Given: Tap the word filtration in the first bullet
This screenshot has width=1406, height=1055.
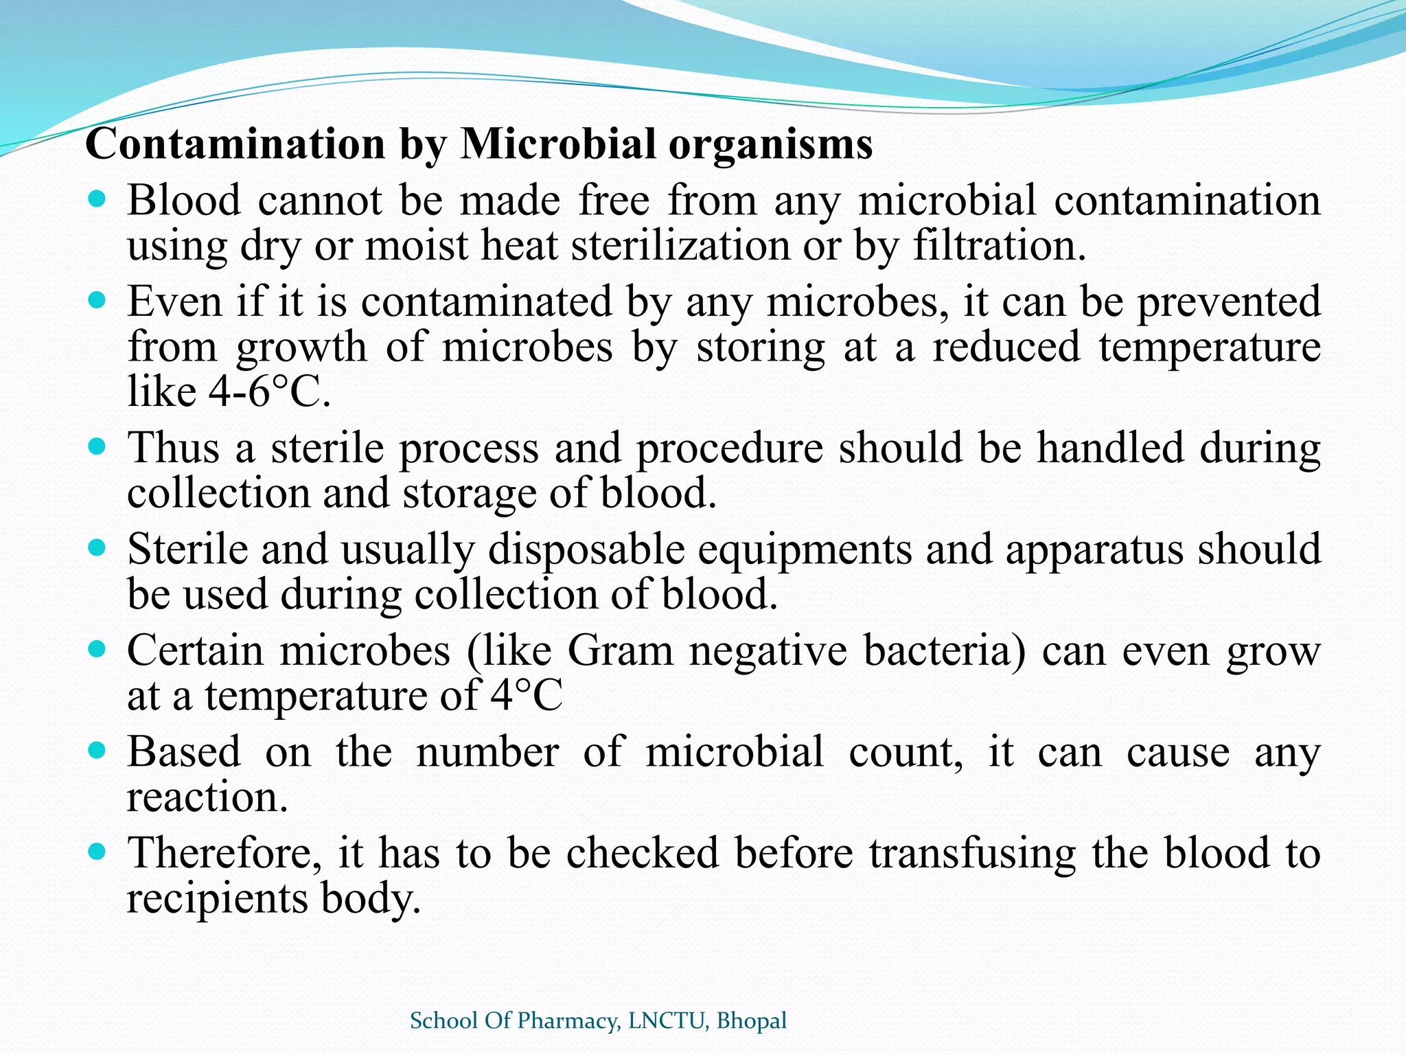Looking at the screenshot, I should coord(1000,246).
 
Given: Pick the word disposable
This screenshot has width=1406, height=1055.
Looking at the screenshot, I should coord(586,549).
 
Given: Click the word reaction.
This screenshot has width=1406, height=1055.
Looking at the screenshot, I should coord(207,797).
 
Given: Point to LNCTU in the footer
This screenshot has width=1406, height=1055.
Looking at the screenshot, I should coord(667,1021).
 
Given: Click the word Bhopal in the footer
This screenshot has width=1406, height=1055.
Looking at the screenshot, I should coord(751,1021).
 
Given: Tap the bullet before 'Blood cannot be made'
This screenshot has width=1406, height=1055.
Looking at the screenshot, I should coord(97,201).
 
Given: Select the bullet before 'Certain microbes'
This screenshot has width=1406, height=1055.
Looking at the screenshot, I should coord(97,650).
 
